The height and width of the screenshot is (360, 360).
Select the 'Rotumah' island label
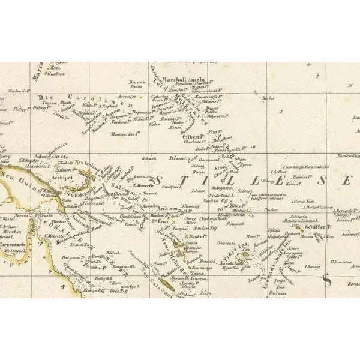(x=235, y=224)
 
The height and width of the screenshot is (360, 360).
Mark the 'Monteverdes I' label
(x=122, y=134)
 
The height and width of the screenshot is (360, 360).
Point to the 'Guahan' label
(x=56, y=74)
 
